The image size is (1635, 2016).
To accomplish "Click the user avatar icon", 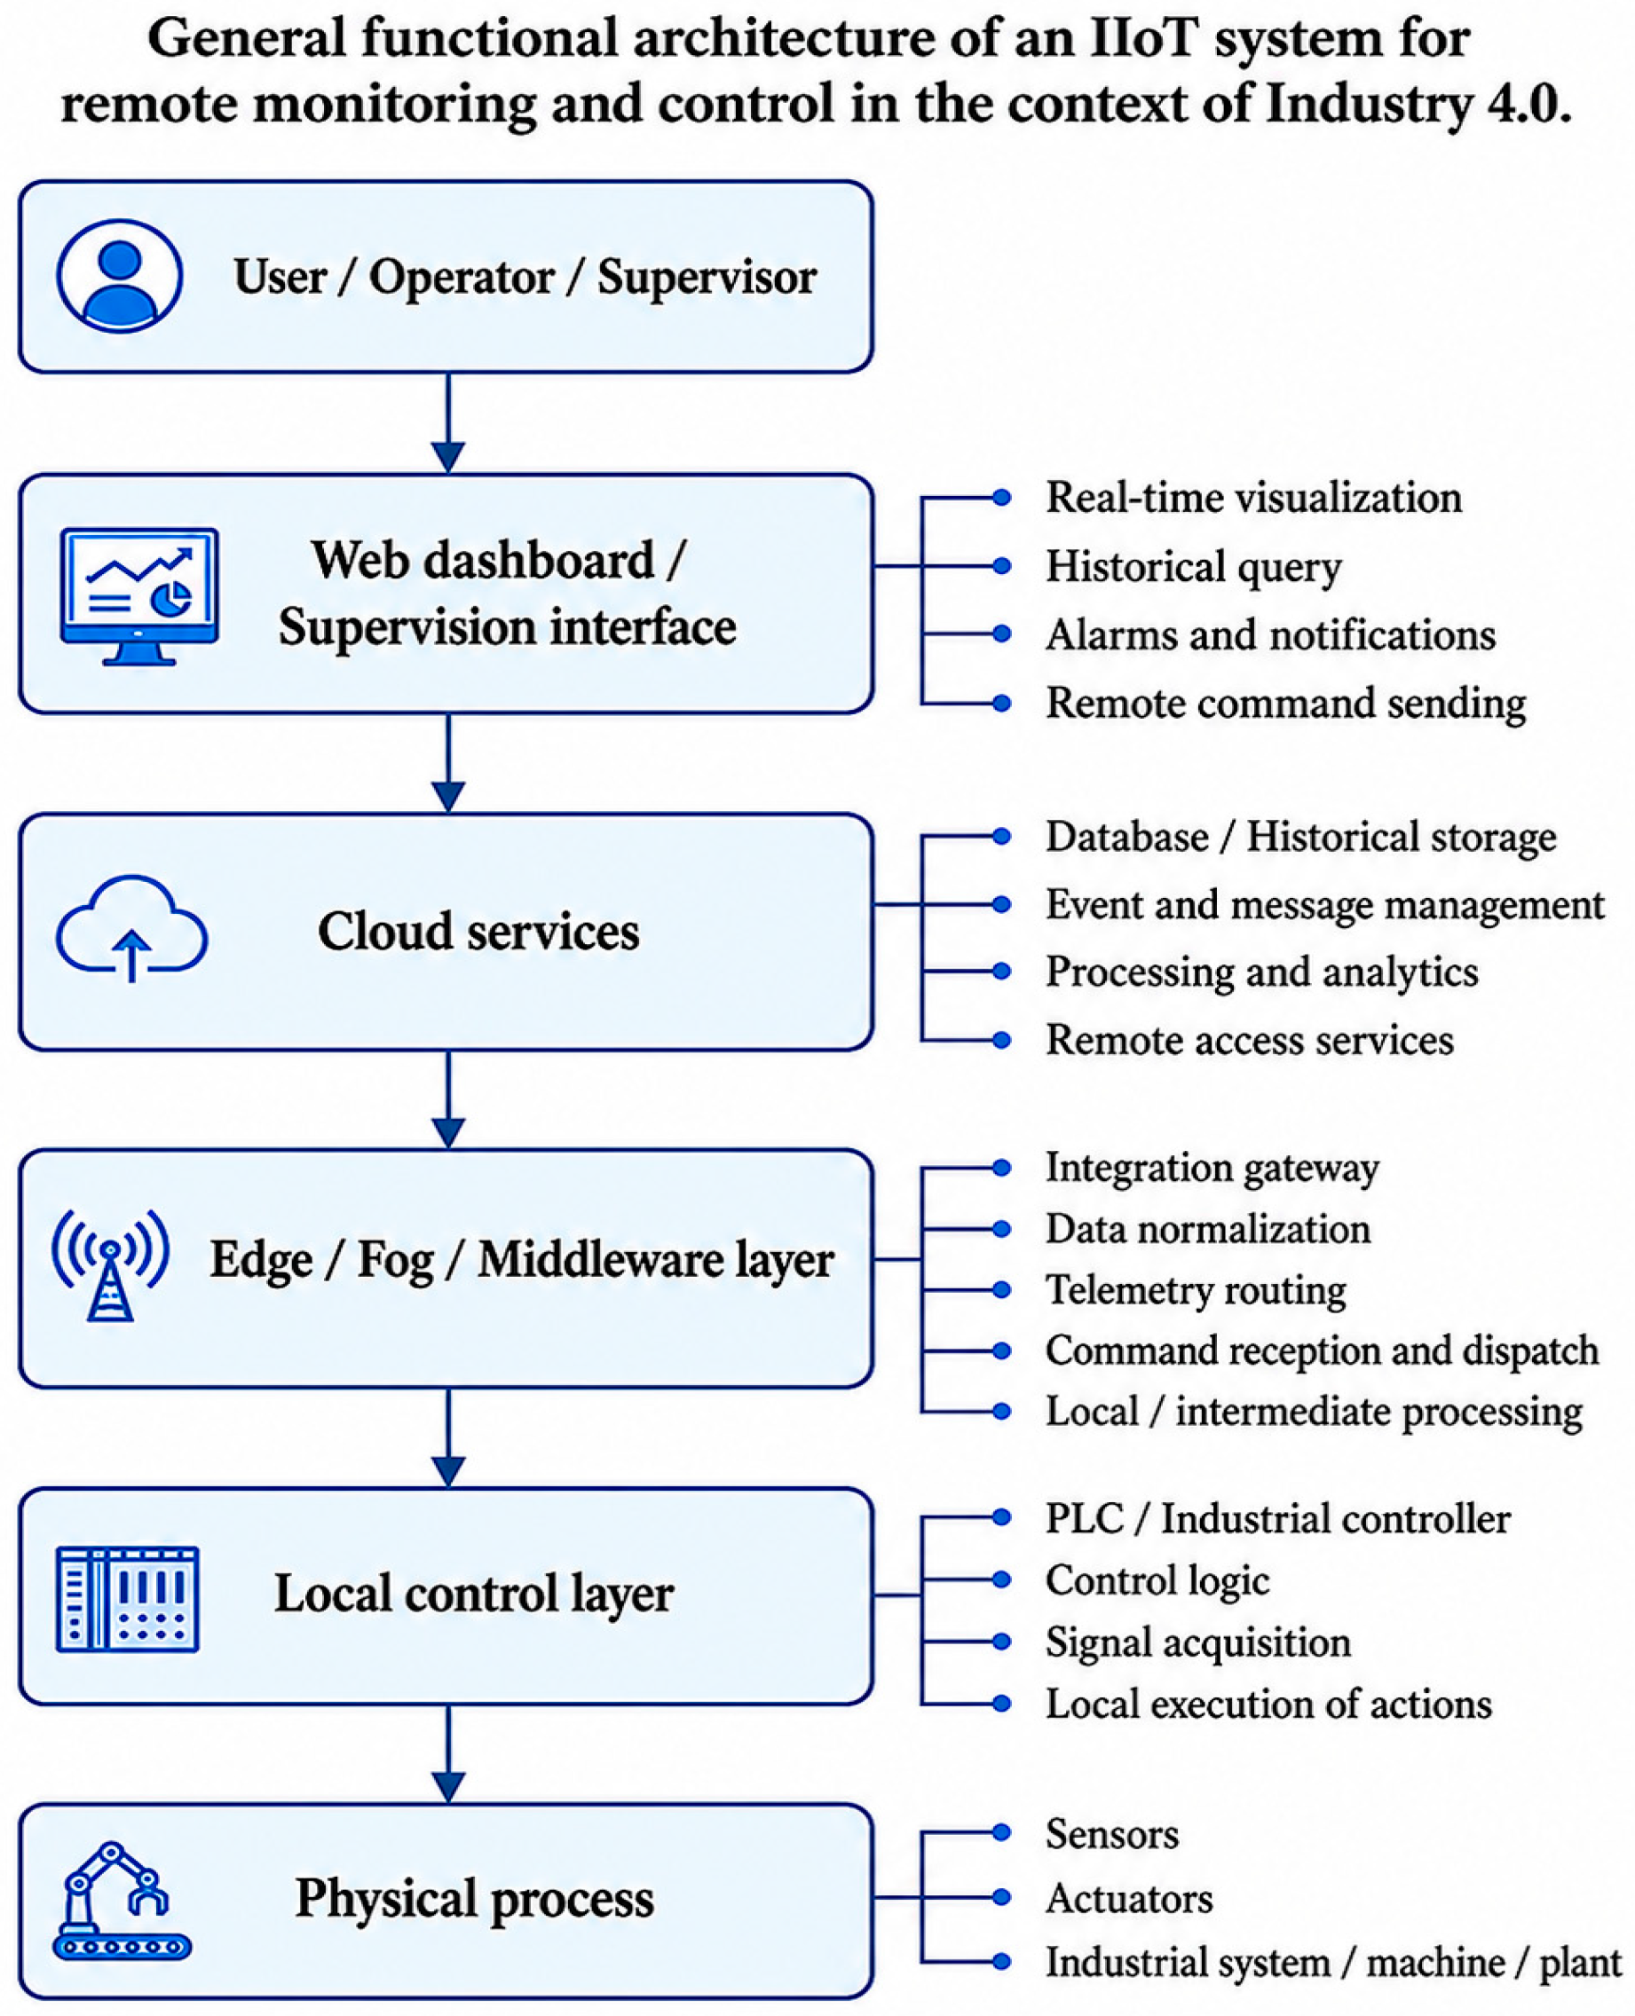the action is pos(120,276).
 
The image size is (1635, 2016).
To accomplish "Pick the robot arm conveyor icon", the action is pos(122,1902).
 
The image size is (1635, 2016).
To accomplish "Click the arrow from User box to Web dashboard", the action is pos(448,422).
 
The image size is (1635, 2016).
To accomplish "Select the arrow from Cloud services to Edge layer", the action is pos(448,1099).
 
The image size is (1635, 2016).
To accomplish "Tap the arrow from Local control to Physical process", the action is pos(448,1754).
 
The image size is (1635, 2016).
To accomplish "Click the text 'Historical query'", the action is pos(1193,567).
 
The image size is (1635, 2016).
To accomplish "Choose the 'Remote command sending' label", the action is pos(1285,704).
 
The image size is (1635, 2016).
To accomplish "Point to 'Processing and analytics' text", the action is pos(1262,973).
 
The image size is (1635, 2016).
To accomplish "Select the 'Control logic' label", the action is pos(1157,1580).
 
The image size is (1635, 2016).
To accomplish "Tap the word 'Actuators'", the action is pos(1129,1898).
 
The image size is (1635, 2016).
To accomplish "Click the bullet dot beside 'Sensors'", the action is pos(1002,1832).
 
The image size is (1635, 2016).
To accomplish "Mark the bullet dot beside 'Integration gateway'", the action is pos(1002,1169).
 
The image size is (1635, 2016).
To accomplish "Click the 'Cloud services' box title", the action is pos(478,932).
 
